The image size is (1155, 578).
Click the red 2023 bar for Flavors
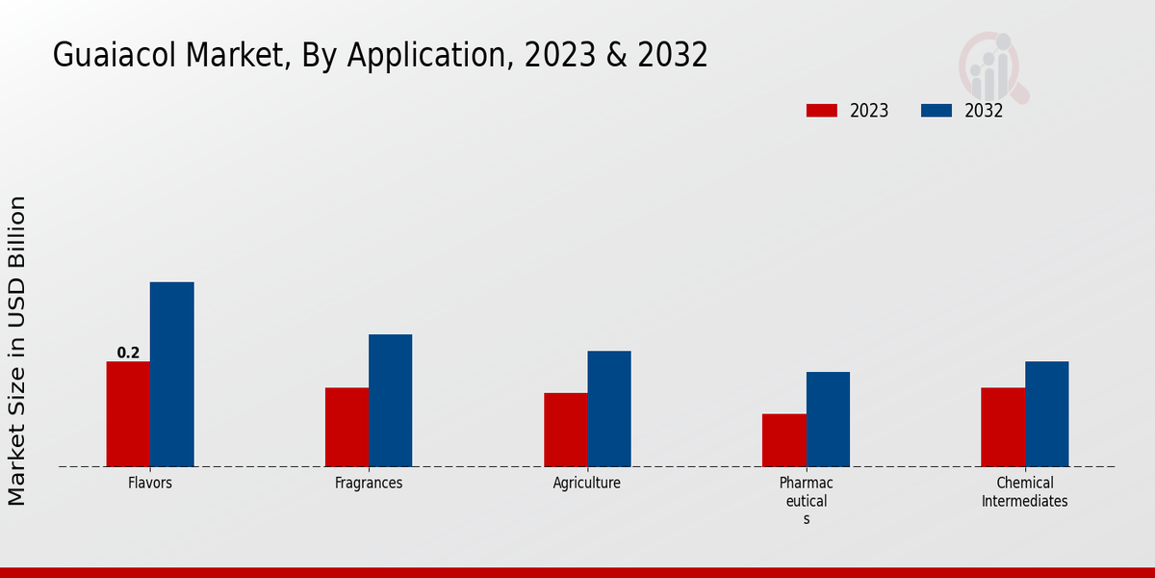[x=128, y=414]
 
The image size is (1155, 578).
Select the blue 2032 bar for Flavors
[x=171, y=375]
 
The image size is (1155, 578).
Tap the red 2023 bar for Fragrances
[x=346, y=427]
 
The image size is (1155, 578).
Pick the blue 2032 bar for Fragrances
[x=390, y=401]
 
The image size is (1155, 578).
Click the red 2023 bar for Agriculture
[x=565, y=430]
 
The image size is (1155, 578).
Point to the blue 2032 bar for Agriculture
[x=609, y=408]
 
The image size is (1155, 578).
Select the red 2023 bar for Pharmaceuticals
[x=783, y=440]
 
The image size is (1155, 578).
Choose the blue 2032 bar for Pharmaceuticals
[x=828, y=419]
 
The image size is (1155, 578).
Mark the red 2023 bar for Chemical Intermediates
[x=1003, y=427]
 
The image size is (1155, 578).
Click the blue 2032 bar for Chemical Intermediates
[x=1046, y=414]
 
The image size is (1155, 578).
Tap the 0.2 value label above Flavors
[x=128, y=353]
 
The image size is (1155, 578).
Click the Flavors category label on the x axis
[x=150, y=483]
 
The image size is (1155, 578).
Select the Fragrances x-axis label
[x=369, y=483]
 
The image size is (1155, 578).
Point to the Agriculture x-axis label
[x=587, y=483]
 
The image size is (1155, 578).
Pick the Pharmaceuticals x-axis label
[x=806, y=500]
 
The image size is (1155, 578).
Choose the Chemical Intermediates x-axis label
[x=1024, y=491]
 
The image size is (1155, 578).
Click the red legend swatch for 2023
[x=821, y=111]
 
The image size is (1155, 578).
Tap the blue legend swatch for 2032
[x=936, y=111]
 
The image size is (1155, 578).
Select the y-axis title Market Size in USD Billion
[x=17, y=350]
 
